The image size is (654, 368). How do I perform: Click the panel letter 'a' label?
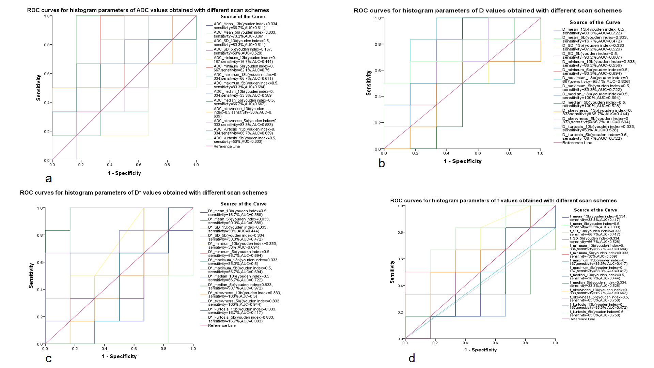point(49,179)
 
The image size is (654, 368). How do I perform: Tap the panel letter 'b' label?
point(381,164)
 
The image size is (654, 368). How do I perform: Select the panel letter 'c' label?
point(49,358)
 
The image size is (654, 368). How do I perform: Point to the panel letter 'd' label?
point(412,358)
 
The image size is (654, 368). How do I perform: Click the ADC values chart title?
point(148,10)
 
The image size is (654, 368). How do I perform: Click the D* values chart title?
point(143,193)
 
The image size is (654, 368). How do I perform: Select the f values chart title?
point(503,201)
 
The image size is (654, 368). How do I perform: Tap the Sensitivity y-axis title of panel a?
point(38,88)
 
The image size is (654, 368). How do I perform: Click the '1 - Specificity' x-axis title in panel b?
point(463,161)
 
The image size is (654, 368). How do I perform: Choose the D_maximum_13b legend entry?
point(596,80)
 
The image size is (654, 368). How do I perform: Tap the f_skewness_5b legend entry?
point(599,299)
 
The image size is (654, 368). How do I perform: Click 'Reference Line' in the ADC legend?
point(227,147)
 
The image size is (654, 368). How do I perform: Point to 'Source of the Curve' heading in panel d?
point(595,210)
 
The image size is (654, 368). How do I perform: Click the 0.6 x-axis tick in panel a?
point(139,165)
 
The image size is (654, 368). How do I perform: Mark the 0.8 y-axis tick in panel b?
point(377,44)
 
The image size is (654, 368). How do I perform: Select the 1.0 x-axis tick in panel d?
point(555,343)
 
